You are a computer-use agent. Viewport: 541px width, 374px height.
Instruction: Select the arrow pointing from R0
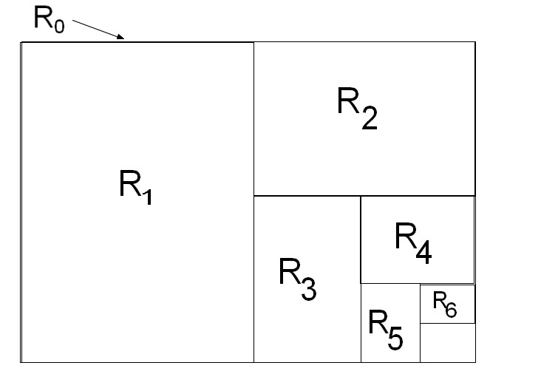click(98, 28)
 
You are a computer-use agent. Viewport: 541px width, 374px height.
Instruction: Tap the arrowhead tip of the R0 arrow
click(124, 38)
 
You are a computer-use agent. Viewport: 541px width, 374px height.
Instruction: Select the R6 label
click(444, 304)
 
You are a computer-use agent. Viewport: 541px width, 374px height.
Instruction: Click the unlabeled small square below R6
click(447, 343)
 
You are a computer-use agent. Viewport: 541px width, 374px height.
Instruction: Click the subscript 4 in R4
click(423, 252)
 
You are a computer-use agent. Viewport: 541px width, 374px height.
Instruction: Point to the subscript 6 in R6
click(451, 309)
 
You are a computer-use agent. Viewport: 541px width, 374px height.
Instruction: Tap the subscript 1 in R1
click(146, 197)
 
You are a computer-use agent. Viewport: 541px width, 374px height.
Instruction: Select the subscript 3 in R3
click(309, 288)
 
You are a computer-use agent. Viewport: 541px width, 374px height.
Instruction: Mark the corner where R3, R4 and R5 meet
click(361, 283)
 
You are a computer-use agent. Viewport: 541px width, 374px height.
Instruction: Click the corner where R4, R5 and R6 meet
click(420, 284)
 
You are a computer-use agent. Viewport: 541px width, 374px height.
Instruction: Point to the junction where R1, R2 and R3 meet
click(254, 196)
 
